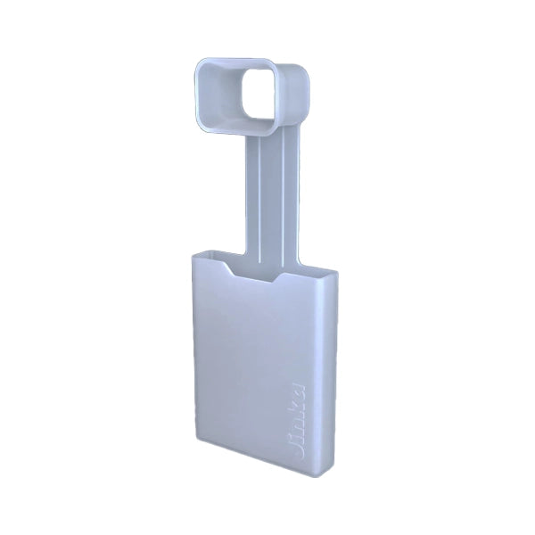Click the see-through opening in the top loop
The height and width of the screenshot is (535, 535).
260,100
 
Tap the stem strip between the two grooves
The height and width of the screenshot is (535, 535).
269,196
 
